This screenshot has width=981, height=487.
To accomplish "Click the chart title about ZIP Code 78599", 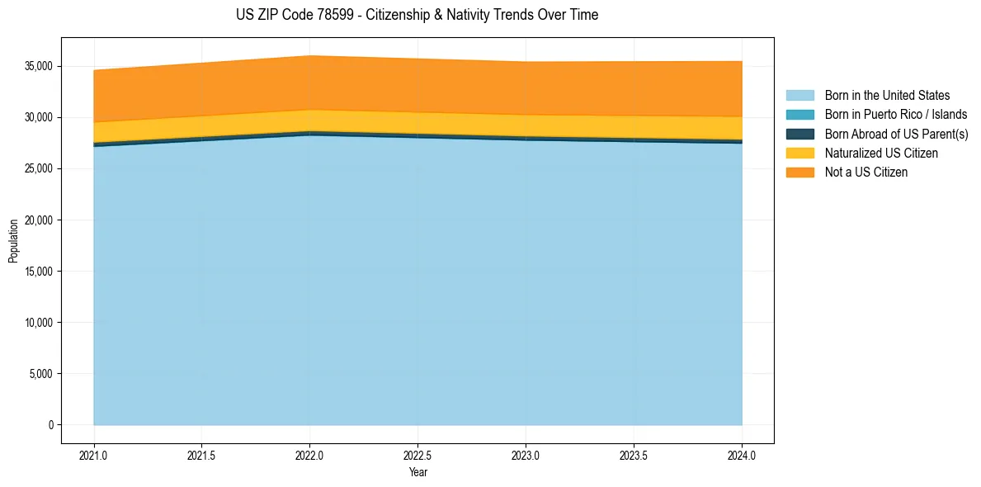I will (417, 15).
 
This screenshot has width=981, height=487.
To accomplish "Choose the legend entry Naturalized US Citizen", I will (881, 154).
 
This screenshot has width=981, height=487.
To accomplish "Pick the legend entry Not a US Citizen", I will (866, 173).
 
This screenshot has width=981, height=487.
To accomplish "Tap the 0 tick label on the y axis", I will (50, 425).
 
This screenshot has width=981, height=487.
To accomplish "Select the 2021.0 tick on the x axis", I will (94, 455).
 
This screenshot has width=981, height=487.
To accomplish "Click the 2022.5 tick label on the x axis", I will (417, 455).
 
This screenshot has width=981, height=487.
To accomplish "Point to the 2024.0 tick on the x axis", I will (742, 455).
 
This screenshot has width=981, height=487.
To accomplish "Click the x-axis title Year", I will (417, 473).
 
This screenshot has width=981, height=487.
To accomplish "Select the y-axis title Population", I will (13, 241).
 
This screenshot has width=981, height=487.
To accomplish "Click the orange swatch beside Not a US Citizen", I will (799, 173).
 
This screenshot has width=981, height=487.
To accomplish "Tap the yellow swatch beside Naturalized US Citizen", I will (799, 154).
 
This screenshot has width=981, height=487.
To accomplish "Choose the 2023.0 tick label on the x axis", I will (526, 455).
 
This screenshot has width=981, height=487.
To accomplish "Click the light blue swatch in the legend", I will (799, 96).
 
